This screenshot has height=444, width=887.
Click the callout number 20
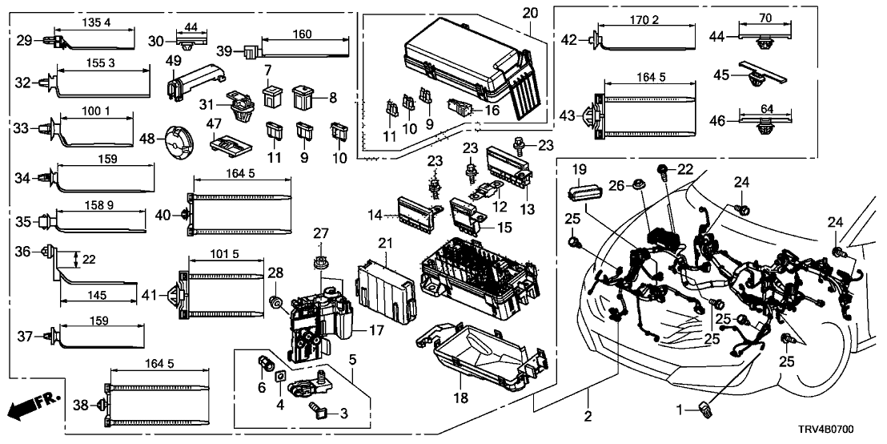(x=532, y=13)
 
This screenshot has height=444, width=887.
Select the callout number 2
(x=588, y=416)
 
